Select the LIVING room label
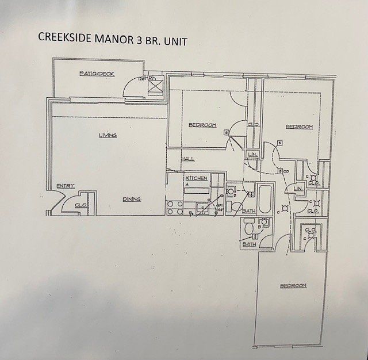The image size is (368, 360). point(108,135)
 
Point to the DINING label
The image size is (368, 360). point(132,200)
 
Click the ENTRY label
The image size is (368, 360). point(66,185)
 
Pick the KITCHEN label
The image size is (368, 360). point(196,178)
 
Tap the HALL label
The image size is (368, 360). point(187,159)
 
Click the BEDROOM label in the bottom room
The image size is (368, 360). point(293,286)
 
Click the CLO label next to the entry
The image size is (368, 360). point(81,205)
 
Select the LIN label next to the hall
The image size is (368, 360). point(252,154)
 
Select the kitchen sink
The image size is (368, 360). point(203,208)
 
